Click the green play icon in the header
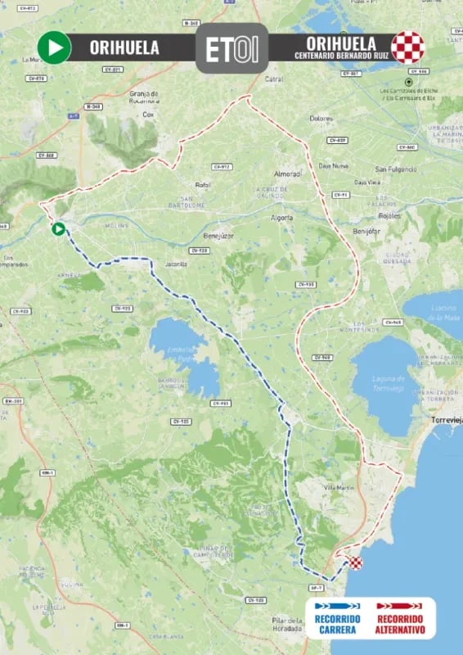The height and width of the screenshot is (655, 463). pyautogui.click(x=55, y=47)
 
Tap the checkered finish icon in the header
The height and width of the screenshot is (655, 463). pyautogui.click(x=407, y=47)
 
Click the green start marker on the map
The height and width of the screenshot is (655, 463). pyautogui.click(x=58, y=228)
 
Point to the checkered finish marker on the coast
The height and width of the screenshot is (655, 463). pyautogui.click(x=355, y=562)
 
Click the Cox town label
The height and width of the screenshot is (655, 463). pyautogui.click(x=148, y=115)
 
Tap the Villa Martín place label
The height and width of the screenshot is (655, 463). pyautogui.click(x=337, y=487)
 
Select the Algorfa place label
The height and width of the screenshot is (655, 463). pyautogui.click(x=281, y=218)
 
